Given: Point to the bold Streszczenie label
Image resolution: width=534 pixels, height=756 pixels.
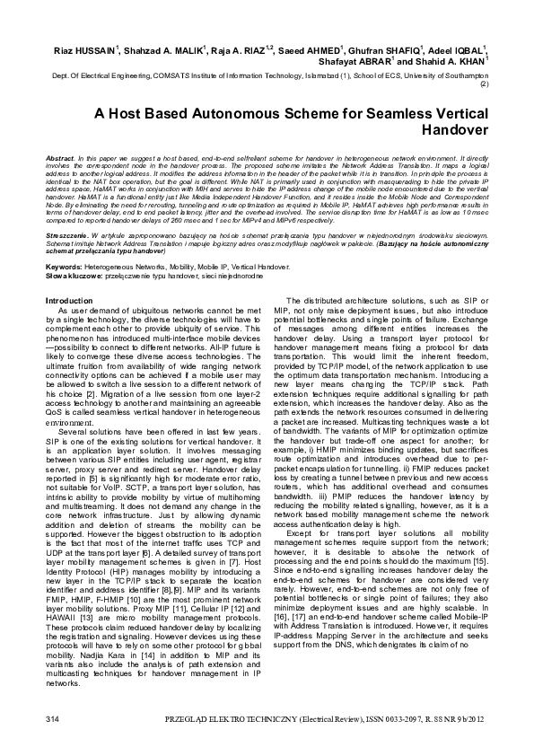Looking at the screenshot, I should click(68, 207).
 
